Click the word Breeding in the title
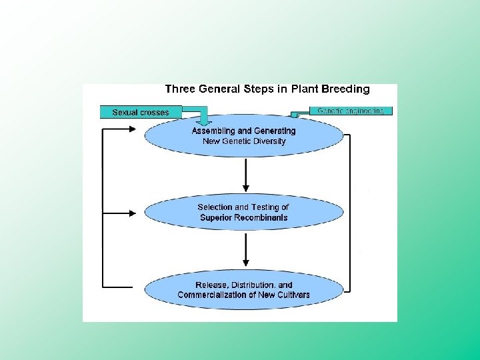click(x=345, y=89)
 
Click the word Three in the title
click(x=180, y=89)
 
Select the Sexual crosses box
click(x=140, y=112)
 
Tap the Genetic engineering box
click(x=351, y=111)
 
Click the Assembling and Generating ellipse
click(x=244, y=137)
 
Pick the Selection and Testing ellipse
click(x=244, y=213)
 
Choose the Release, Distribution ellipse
click(x=244, y=290)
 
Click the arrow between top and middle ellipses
click(x=246, y=175)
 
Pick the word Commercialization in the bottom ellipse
click(x=217, y=295)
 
